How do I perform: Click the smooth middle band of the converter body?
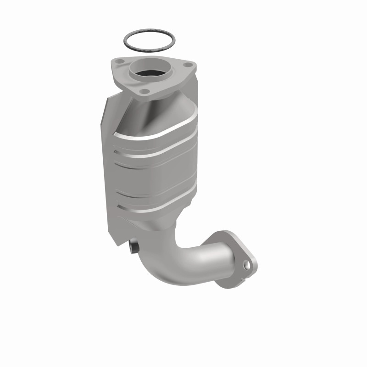[151, 177]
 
